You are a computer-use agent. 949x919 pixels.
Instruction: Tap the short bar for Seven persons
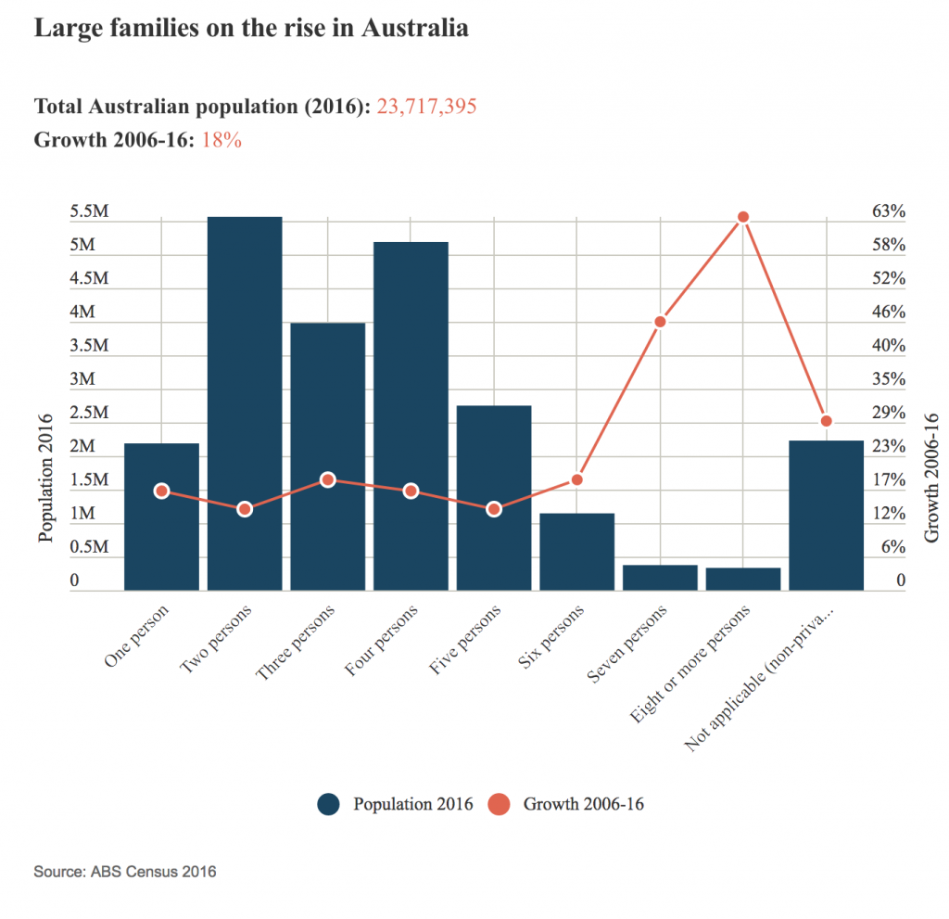coord(660,578)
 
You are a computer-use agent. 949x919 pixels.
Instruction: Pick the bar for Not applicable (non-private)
coord(826,515)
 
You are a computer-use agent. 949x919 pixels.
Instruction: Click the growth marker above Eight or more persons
coord(742,217)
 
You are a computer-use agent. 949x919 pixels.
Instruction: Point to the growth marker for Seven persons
coord(660,322)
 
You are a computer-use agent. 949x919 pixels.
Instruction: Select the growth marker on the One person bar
coord(161,491)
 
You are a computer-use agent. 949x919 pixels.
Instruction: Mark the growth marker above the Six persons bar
coord(576,479)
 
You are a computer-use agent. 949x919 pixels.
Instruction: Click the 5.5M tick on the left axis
coord(90,212)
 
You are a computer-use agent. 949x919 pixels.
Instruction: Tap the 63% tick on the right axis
coord(889,212)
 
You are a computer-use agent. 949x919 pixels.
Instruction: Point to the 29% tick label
coord(889,413)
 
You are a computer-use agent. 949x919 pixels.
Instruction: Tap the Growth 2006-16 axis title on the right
coord(931,478)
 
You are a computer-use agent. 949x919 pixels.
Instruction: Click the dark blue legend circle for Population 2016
coord(328,804)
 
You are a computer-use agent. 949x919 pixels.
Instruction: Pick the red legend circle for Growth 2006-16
coord(499,804)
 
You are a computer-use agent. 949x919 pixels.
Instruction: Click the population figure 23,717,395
coord(426,107)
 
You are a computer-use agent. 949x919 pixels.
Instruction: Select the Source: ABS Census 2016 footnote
coord(125,872)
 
